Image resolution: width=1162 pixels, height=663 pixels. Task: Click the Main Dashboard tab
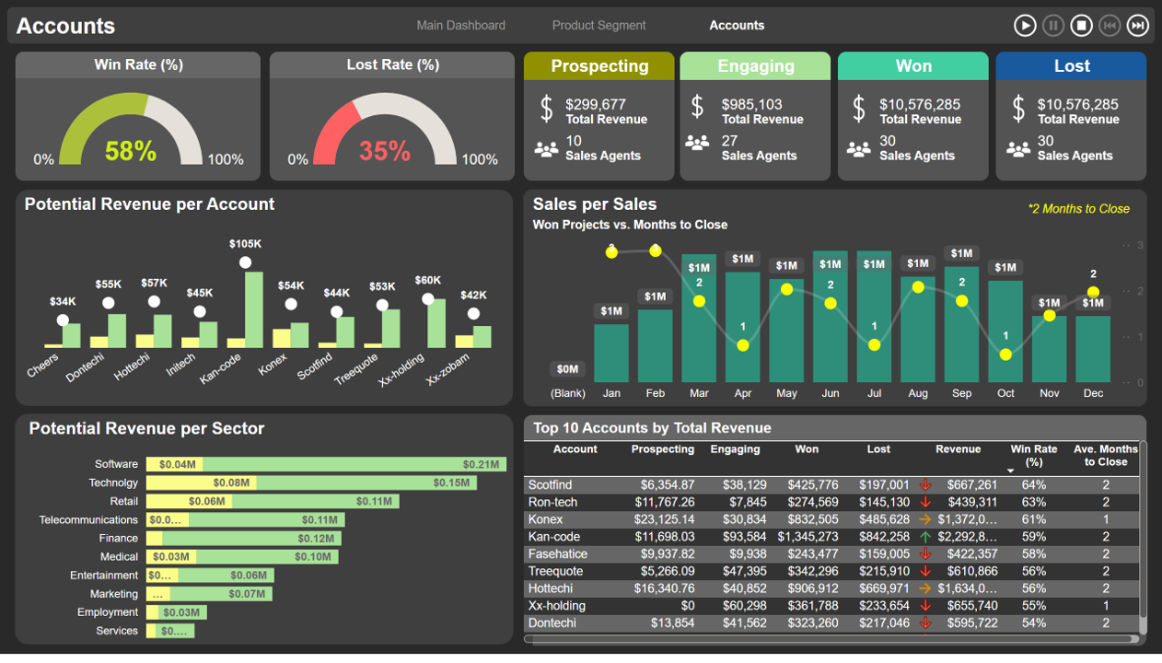click(460, 26)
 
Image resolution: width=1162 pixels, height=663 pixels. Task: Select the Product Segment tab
click(598, 26)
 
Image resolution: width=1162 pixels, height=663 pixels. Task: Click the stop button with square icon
click(1081, 26)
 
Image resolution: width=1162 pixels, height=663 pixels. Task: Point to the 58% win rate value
click(131, 151)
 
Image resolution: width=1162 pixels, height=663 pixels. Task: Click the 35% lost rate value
click(384, 151)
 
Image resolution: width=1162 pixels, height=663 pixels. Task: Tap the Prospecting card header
click(599, 66)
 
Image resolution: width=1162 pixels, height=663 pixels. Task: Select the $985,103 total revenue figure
click(751, 105)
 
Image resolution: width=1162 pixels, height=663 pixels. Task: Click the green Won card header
click(913, 66)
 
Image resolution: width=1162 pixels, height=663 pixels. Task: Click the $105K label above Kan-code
click(245, 244)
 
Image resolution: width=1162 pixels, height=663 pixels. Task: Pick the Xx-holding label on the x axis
click(402, 369)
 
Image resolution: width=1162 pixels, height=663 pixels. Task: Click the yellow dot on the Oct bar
click(1005, 355)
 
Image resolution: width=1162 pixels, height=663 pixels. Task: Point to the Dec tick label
click(1093, 393)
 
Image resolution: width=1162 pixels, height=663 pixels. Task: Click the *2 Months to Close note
click(1078, 209)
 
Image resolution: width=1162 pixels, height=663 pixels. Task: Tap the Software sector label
click(116, 464)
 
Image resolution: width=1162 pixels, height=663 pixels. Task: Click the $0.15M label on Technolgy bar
click(451, 483)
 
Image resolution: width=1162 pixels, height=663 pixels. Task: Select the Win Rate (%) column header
click(1033, 455)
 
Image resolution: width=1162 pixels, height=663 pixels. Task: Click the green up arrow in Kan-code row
click(925, 537)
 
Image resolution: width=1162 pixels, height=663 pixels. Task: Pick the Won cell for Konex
click(813, 519)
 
